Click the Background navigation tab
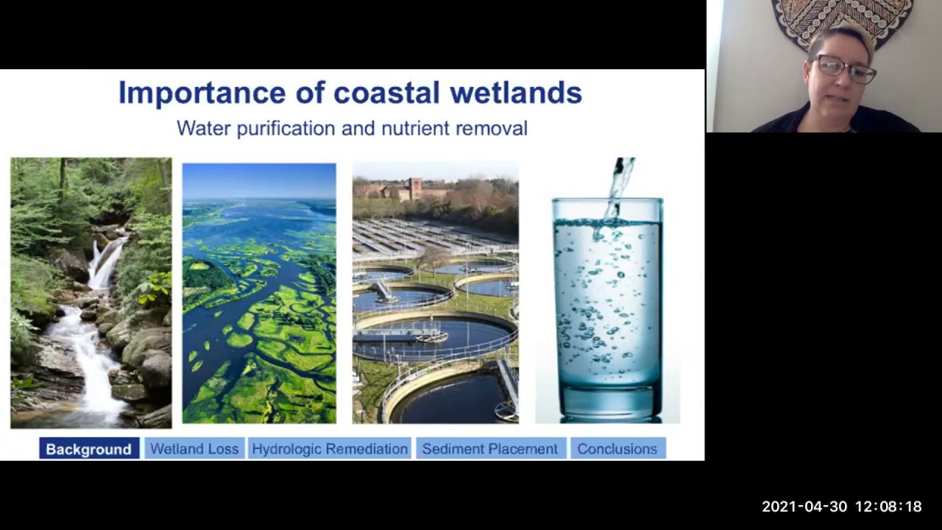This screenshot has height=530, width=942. point(88,449)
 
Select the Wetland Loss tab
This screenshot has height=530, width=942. point(194,449)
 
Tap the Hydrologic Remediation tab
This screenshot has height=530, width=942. point(330,449)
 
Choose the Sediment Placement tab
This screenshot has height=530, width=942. point(490,449)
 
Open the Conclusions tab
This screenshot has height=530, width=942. point(617,449)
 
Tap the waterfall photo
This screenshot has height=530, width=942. point(91,293)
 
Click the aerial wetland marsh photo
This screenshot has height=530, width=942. point(259,293)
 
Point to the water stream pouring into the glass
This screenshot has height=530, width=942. point(620,184)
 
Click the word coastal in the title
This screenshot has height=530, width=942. point(386,93)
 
